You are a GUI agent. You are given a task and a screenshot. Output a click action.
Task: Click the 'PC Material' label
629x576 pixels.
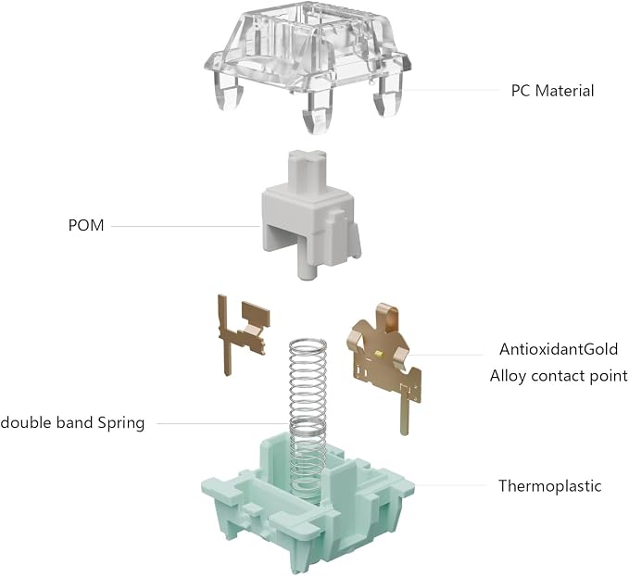tap(552, 91)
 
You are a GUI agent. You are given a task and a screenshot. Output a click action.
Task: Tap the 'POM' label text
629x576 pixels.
tap(86, 225)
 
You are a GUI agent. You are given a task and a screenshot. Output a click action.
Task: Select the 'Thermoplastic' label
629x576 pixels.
tap(550, 486)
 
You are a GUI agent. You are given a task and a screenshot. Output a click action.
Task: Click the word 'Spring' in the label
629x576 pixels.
tap(121, 423)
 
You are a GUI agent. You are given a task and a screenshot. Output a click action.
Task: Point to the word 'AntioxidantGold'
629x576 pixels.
tap(559, 349)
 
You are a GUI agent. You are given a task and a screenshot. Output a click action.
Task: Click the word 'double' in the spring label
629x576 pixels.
tap(26, 423)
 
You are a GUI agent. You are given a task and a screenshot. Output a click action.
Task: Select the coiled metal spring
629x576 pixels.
tap(308, 401)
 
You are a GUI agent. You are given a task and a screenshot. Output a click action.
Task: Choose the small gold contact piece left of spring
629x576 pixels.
tap(243, 331)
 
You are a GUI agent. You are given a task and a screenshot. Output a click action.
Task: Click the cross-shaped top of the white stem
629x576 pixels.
tap(308, 157)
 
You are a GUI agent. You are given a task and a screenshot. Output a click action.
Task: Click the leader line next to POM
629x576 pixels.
tap(185, 226)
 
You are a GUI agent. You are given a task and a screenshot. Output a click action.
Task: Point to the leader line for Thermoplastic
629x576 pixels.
tap(451, 485)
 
